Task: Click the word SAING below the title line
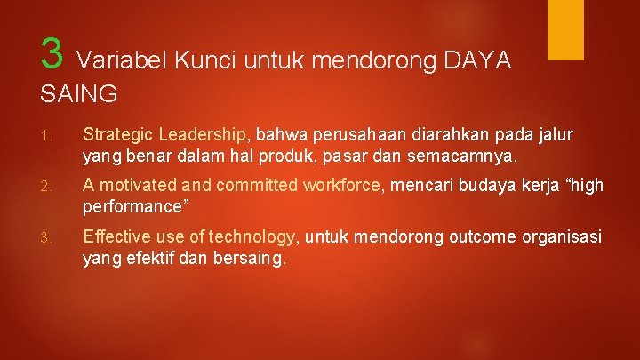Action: [x=79, y=92]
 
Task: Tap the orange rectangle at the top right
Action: [x=565, y=29]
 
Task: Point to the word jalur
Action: [x=553, y=134]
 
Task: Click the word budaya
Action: [x=468, y=185]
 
